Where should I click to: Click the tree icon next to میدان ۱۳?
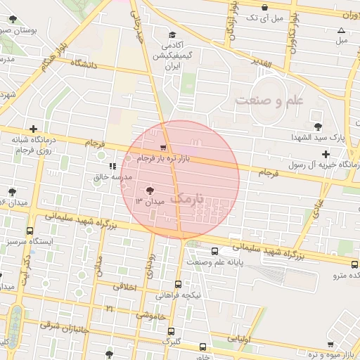click(149, 191)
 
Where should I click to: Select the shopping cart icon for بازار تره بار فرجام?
click(164, 148)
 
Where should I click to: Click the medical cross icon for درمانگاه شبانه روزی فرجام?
click(33, 129)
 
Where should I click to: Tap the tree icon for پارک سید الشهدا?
click(320, 127)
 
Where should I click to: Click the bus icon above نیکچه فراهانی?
click(178, 285)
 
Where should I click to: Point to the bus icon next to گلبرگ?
click(202, 347)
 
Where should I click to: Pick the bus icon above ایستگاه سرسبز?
click(30, 231)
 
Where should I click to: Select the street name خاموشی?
click(150, 316)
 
